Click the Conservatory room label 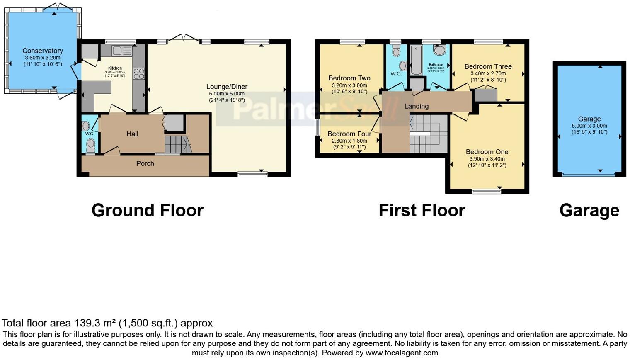click(x=43, y=51)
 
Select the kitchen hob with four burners click(x=138, y=74)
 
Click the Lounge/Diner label click(x=227, y=87)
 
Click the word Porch click(x=145, y=163)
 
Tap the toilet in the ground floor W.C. click(x=90, y=144)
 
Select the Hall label click(x=132, y=134)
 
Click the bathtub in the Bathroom click(x=415, y=60)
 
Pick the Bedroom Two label click(x=349, y=78)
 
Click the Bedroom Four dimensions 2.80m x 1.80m click(x=349, y=141)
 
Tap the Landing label click(x=416, y=106)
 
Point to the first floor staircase click(x=428, y=134)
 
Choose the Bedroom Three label click(x=488, y=66)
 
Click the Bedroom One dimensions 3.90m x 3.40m click(x=487, y=159)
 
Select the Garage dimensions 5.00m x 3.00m click(x=589, y=126)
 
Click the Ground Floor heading click(x=147, y=210)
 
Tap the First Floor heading click(x=422, y=210)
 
